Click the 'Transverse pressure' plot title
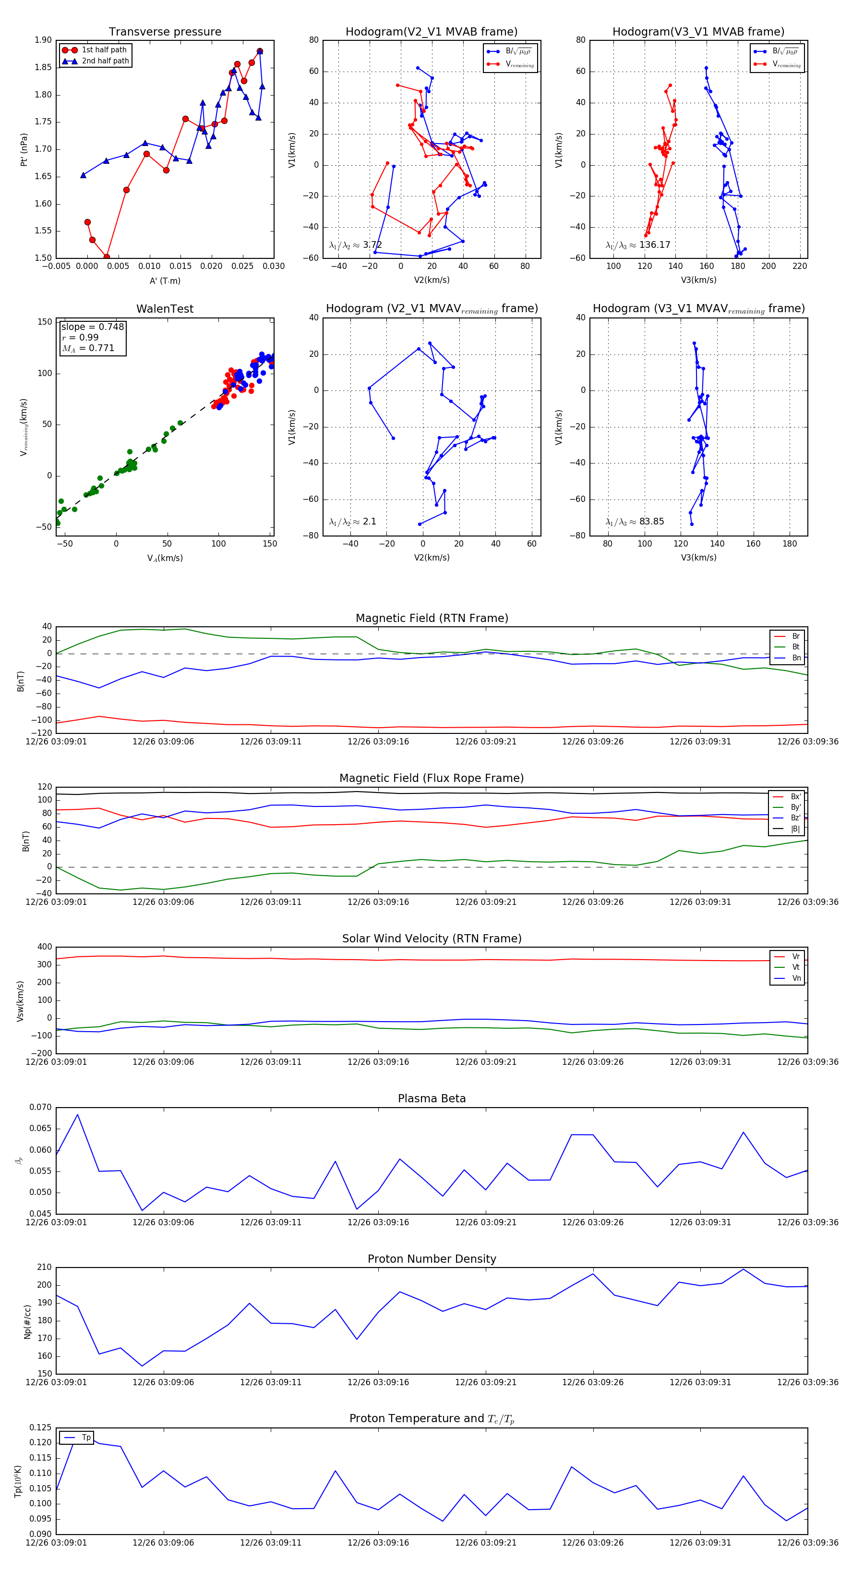(165, 32)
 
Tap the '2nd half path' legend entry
(105, 61)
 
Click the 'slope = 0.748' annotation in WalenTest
(92, 327)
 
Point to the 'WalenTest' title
(165, 309)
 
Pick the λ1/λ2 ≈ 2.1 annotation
(352, 522)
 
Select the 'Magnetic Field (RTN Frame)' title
(432, 618)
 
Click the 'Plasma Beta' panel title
(432, 1099)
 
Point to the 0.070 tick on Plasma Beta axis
(41, 1108)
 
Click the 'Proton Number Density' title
(432, 1259)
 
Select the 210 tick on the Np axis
(44, 1268)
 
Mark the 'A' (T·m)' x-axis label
(165, 281)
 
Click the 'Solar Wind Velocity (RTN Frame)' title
(432, 939)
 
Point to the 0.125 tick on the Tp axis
(41, 1427)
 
